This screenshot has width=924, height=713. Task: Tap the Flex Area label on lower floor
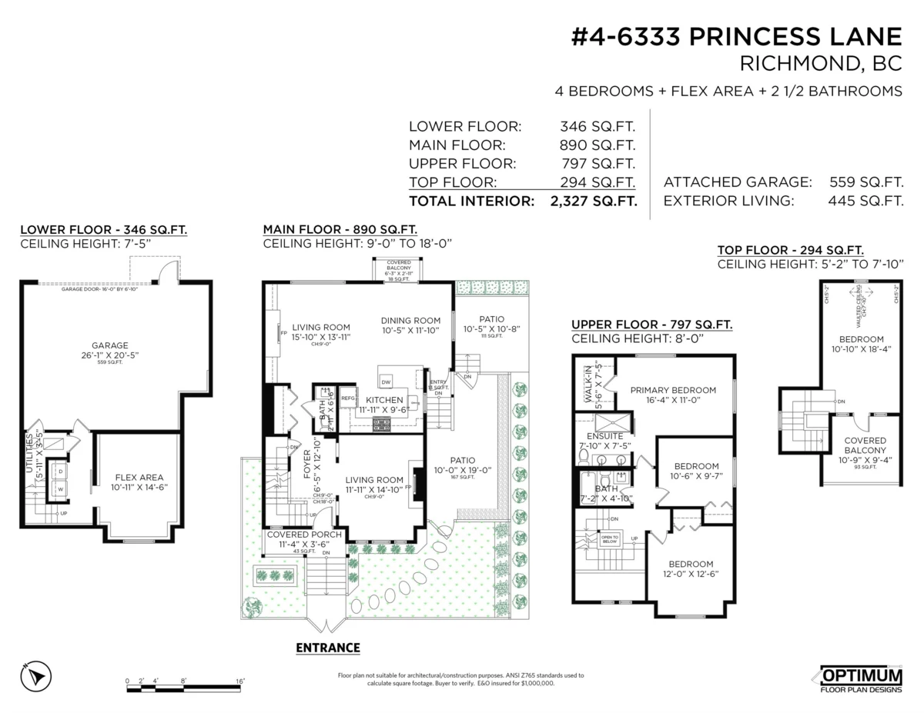click(139, 478)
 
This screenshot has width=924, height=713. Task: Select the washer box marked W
click(59, 488)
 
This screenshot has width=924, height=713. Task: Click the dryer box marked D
click(59, 470)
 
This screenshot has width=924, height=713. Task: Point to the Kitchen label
click(385, 401)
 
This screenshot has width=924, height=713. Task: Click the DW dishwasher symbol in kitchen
click(387, 381)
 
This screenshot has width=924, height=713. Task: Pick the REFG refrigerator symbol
click(348, 398)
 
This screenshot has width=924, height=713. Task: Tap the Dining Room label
click(410, 321)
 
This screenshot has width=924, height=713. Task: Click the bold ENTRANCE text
click(328, 648)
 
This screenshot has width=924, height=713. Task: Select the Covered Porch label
click(303, 535)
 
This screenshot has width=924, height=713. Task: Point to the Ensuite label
click(604, 436)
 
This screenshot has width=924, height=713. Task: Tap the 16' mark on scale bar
click(239, 681)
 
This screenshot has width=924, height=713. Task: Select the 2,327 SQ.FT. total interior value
click(593, 202)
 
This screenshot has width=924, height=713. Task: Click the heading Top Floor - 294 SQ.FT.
click(790, 250)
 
